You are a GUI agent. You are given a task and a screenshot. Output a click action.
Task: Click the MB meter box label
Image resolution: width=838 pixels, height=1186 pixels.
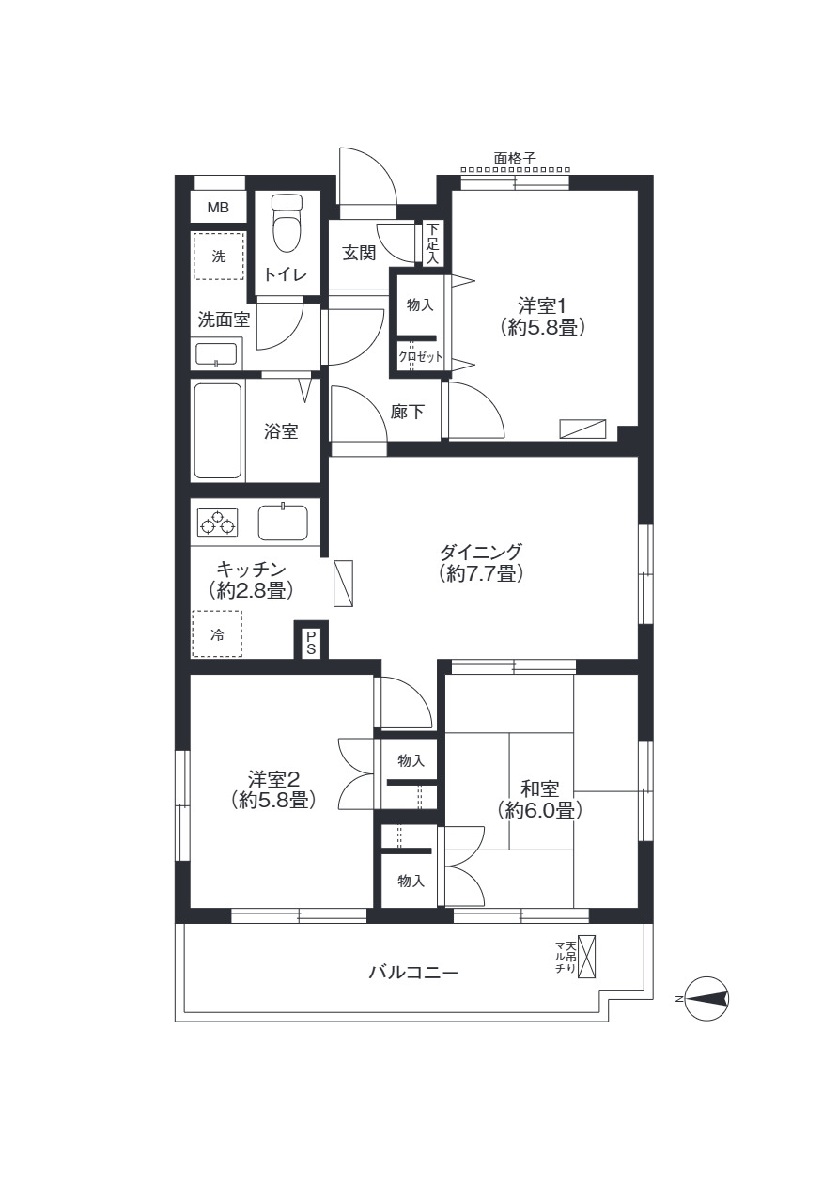218,208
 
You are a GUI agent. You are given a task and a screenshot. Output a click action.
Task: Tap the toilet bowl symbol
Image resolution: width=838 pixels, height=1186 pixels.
285,223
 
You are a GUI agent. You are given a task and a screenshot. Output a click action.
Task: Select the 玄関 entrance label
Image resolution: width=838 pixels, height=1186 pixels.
359,253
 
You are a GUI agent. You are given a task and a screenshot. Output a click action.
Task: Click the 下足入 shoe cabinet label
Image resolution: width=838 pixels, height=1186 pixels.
432,243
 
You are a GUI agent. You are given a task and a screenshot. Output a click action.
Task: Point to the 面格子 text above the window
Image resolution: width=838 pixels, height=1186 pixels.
514,159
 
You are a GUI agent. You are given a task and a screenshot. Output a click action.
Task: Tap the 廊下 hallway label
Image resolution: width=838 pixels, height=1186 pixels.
407,412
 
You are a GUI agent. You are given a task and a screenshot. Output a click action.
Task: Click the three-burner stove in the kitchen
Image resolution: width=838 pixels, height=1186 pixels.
217,522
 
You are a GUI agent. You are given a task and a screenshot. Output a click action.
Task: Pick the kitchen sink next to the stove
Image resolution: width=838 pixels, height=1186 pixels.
283,522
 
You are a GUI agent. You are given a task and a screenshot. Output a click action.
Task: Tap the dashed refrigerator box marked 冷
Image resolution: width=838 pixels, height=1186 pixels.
217,634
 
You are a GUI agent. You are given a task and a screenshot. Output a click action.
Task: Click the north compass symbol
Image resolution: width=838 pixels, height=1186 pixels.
706,999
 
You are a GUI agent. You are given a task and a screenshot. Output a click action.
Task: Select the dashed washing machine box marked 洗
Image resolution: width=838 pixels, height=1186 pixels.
218,257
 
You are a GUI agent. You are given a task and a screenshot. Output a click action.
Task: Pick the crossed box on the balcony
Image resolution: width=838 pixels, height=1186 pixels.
588,957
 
